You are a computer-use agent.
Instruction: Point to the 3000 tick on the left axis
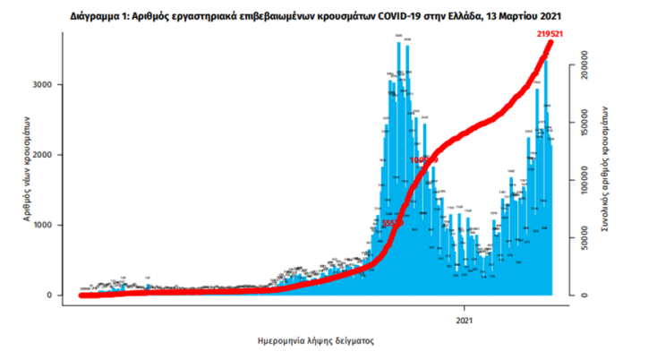click(x=51, y=84)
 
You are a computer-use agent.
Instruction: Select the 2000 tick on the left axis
click(x=51, y=155)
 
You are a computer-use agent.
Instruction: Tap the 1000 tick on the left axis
click(x=51, y=225)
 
